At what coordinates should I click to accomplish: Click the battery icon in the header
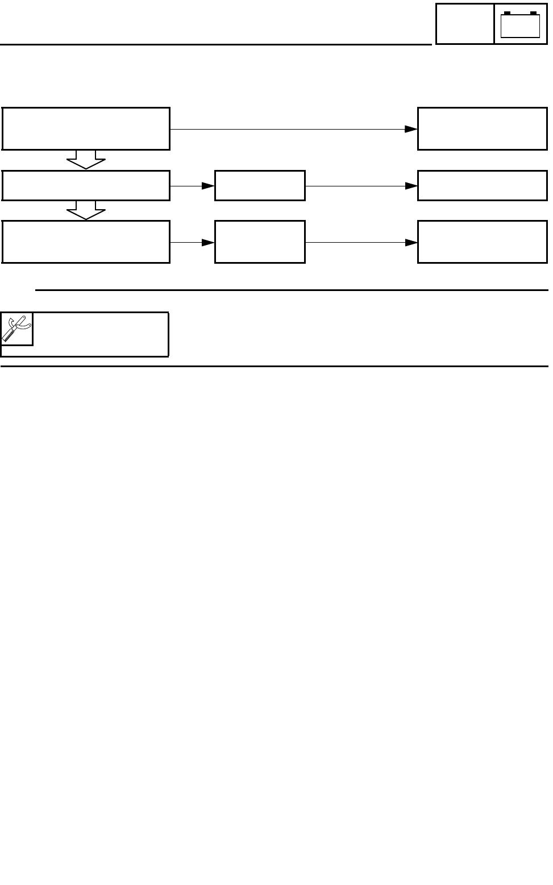pyautogui.click(x=520, y=24)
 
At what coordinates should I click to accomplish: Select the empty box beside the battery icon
pyautogui.click(x=464, y=23)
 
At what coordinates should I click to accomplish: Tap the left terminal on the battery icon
pyautogui.click(x=508, y=13)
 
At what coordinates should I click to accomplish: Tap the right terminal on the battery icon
pyautogui.click(x=533, y=13)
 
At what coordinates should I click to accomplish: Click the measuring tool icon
pyautogui.click(x=16, y=329)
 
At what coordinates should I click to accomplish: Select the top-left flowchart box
pyautogui.click(x=86, y=128)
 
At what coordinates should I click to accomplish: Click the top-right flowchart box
pyautogui.click(x=482, y=128)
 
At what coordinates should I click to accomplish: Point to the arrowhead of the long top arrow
pyautogui.click(x=411, y=129)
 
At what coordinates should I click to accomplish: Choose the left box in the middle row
pyautogui.click(x=86, y=185)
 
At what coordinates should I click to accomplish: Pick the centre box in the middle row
pyautogui.click(x=260, y=185)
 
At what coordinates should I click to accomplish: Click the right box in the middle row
pyautogui.click(x=482, y=185)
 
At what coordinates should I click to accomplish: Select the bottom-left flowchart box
pyautogui.click(x=86, y=242)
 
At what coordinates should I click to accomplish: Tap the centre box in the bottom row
pyautogui.click(x=260, y=242)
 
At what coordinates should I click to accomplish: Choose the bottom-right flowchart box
pyautogui.click(x=482, y=242)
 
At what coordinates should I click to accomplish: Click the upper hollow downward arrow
pyautogui.click(x=86, y=160)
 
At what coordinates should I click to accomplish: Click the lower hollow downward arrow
pyautogui.click(x=86, y=210)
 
